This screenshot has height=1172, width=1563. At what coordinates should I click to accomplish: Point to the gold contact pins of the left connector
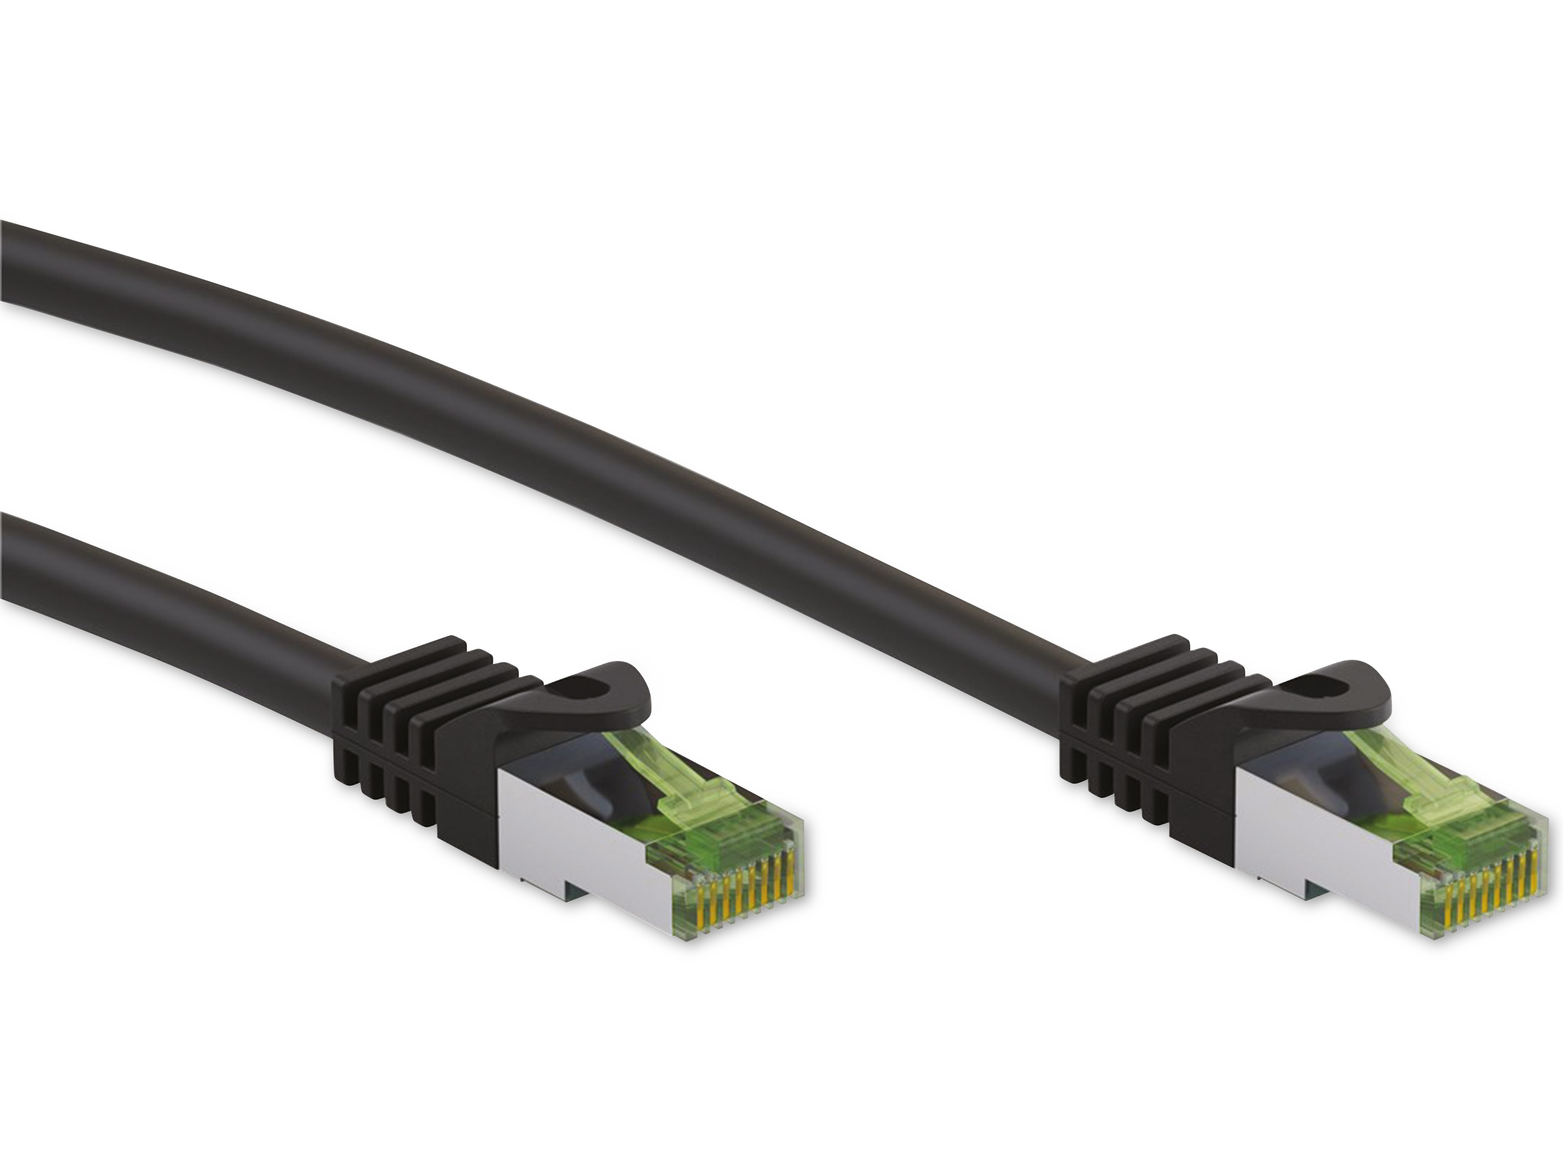[742, 897]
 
